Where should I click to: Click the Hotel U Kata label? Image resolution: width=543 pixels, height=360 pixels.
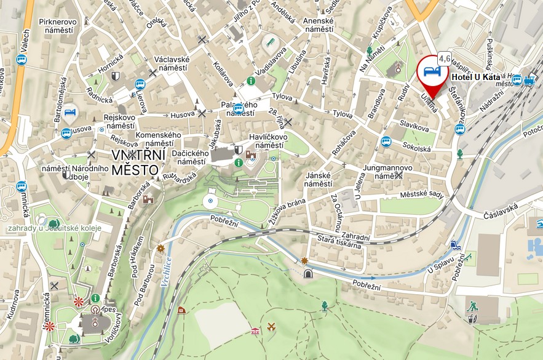tap(475, 78)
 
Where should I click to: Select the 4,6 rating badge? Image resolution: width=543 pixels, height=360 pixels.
tap(445, 59)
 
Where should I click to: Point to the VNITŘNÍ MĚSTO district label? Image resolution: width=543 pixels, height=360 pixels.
tap(135, 161)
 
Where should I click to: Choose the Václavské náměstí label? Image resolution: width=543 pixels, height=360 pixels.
tap(172, 64)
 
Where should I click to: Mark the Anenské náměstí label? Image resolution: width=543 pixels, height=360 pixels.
tap(319, 25)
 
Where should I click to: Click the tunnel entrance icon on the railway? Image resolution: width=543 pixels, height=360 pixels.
tap(307, 273)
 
